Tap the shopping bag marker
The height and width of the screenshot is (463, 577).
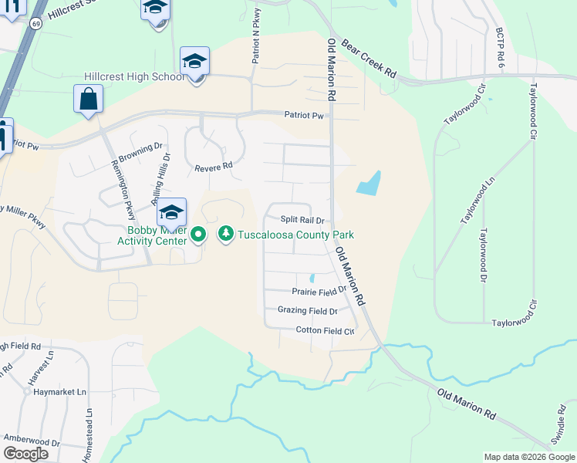[89, 100]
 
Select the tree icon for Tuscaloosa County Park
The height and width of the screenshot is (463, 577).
[226, 232]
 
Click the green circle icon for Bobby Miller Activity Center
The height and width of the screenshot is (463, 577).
[198, 232]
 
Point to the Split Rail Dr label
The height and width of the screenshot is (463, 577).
[302, 220]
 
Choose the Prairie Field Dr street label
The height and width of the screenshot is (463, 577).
[320, 292]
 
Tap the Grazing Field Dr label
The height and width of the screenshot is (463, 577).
[307, 311]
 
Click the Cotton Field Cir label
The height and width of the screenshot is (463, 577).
[325, 330]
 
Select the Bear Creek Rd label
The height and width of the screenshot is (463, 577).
[369, 59]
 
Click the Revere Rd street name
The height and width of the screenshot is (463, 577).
[214, 167]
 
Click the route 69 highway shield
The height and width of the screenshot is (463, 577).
[36, 24]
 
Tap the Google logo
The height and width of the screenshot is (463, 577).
[25, 454]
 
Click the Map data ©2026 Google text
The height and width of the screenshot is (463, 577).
[528, 457]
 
